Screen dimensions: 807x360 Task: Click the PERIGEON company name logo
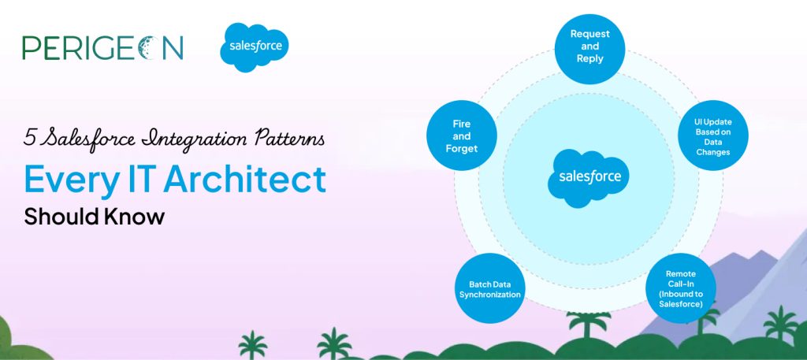pos(102,48)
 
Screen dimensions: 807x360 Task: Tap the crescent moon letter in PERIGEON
pos(151,48)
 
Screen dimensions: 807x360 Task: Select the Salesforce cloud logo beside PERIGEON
pos(255,46)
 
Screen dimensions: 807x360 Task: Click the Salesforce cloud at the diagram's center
pos(588,178)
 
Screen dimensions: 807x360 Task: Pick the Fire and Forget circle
pos(462,135)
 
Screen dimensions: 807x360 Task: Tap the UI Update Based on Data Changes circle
pos(712,135)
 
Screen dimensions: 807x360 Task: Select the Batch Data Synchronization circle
pos(489,288)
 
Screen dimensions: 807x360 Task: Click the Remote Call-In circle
pos(680,288)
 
